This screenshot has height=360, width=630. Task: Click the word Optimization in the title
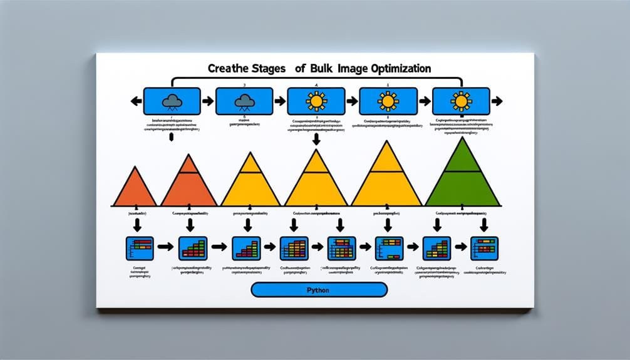click(386, 68)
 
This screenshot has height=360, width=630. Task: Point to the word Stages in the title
click(257, 68)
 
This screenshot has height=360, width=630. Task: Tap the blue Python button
click(319, 290)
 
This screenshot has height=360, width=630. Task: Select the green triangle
click(463, 178)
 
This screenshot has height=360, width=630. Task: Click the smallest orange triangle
click(134, 189)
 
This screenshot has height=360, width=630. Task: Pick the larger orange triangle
click(188, 185)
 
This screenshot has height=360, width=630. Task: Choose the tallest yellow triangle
click(386, 178)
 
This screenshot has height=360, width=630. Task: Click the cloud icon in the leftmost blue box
click(171, 100)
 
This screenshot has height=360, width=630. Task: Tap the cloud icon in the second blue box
click(243, 100)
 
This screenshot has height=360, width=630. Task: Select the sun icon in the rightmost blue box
click(462, 100)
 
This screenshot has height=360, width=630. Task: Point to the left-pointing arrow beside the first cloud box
click(133, 100)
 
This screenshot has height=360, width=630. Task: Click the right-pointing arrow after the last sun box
click(498, 100)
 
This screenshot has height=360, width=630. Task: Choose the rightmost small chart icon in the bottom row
click(484, 248)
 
